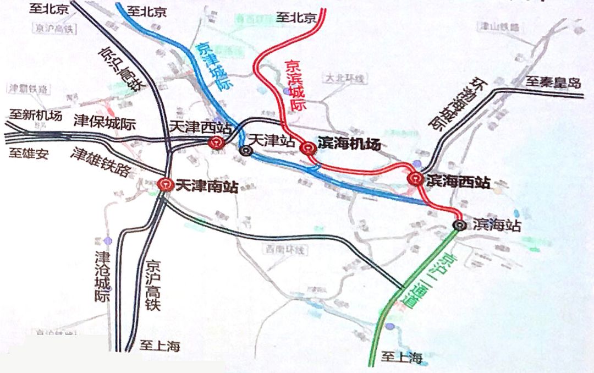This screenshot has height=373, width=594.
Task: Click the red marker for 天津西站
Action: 215,143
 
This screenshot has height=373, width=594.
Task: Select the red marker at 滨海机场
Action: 308,147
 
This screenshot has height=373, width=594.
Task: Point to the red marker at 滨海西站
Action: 415,178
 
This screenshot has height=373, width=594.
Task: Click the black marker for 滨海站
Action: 459,224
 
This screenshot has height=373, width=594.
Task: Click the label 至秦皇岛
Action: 553,83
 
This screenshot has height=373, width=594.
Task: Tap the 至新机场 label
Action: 35,115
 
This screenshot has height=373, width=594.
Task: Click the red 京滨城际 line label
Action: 295,85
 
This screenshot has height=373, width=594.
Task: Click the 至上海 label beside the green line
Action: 403,358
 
